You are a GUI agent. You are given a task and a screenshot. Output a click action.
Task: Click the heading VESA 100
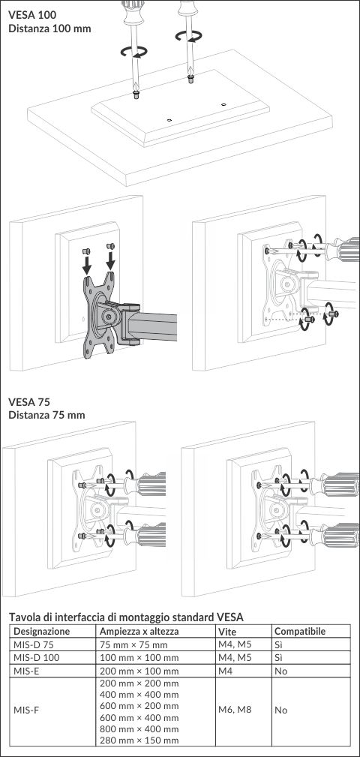pyautogui.click(x=32, y=15)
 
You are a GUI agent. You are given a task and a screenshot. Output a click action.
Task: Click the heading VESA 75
pyautogui.click(x=29, y=401)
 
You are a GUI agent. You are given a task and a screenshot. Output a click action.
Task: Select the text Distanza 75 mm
pyautogui.click(x=46, y=415)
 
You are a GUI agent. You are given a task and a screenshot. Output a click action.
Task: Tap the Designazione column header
pyautogui.click(x=41, y=632)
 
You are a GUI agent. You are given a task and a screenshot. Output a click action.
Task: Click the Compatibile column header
pyautogui.click(x=300, y=632)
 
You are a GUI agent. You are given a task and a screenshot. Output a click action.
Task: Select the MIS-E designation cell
pyautogui.click(x=26, y=671)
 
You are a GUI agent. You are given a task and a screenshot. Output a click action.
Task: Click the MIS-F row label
pyautogui.click(x=26, y=710)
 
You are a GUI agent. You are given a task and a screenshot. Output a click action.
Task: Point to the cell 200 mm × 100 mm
pyautogui.click(x=139, y=671)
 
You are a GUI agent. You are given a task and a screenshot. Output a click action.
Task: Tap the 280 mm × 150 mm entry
pyautogui.click(x=139, y=740)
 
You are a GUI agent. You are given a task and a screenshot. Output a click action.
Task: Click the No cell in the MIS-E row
pyautogui.click(x=280, y=671)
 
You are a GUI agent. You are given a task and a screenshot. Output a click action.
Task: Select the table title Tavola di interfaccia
pyautogui.click(x=127, y=617)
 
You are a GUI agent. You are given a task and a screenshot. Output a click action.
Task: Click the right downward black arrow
pyautogui.click(x=111, y=260)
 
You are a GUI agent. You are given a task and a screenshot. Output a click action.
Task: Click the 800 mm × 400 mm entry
pyautogui.click(x=139, y=729)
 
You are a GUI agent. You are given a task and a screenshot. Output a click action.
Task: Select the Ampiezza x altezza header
pyautogui.click(x=139, y=632)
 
